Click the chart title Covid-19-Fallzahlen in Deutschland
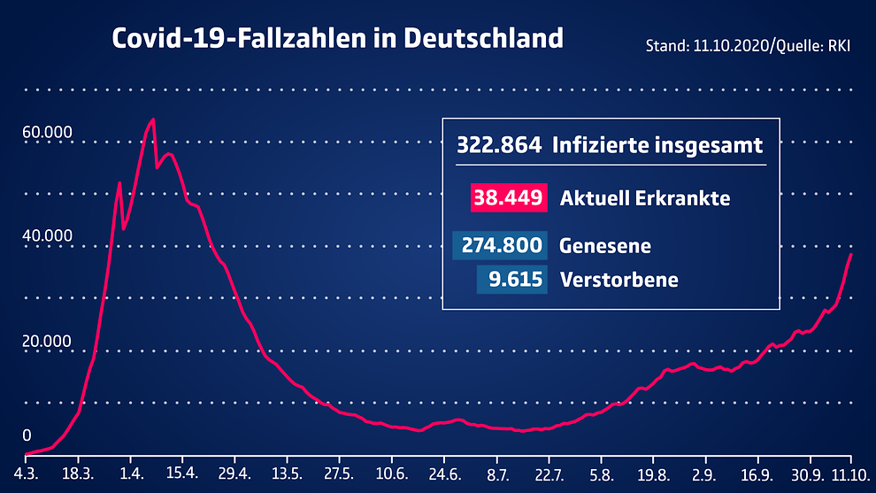coord(336,39)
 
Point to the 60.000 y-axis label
coord(48,133)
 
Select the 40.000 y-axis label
coord(48,236)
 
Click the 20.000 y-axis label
coord(48,341)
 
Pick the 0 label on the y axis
coord(27,435)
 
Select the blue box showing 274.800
coord(500,245)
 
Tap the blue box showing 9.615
coord(511,280)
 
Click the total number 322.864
coord(498,145)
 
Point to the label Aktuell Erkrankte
coord(645,198)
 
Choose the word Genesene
coord(605,245)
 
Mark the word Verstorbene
coord(619,281)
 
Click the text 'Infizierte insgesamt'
coord(657,145)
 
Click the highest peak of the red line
coord(153,119)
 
